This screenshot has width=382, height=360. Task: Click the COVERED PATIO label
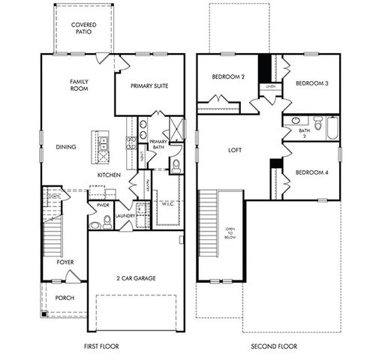point(83,28)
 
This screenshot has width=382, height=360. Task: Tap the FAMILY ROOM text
point(80,85)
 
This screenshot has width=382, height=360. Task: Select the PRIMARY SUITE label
point(149,86)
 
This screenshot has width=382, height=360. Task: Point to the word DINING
point(66,147)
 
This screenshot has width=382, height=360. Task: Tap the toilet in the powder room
point(107,220)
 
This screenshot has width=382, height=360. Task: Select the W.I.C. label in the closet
point(167,203)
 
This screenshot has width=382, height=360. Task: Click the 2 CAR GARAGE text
point(135,278)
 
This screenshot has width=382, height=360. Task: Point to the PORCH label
point(65,297)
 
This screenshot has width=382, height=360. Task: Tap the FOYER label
point(65,262)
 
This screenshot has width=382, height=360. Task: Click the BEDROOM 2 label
point(227,76)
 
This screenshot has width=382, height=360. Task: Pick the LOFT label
point(235,150)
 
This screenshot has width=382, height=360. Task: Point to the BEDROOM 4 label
point(311,172)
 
